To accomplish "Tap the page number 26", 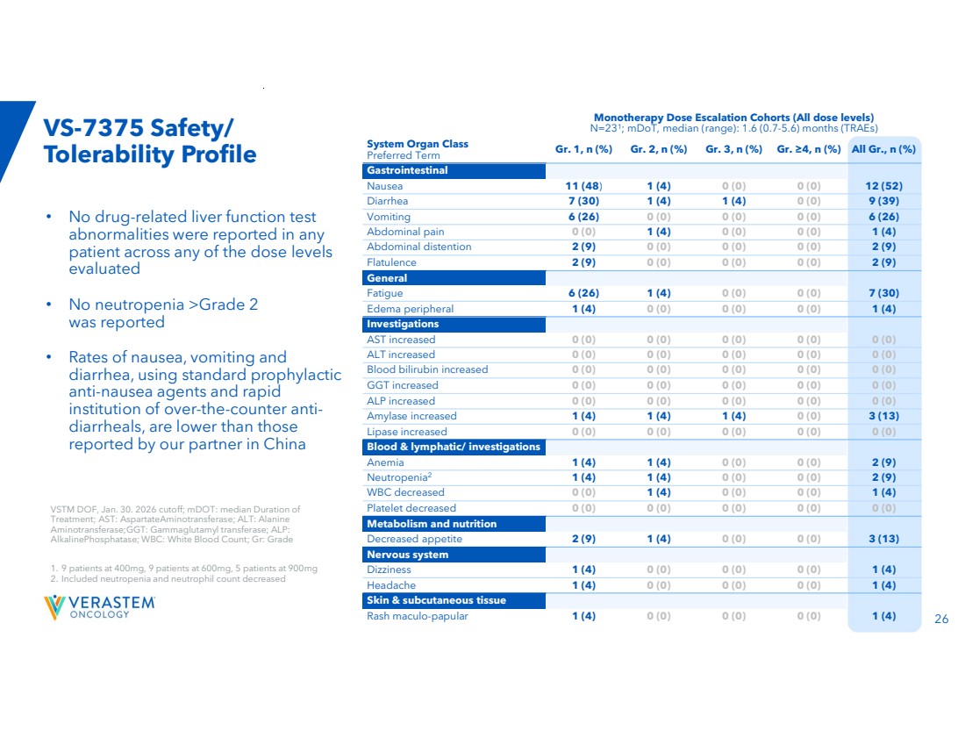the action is point(941,619).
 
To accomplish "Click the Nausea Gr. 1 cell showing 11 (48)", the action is point(583,186).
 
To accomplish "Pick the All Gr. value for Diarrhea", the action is point(883,201).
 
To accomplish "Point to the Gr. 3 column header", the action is point(733,149).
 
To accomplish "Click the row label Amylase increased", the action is point(411,416).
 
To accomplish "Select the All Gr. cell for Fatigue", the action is point(883,293).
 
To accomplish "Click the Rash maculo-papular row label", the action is point(418,616).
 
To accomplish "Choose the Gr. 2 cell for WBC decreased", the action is point(659,492).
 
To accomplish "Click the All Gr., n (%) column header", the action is point(883,149).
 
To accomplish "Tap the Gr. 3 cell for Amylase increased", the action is point(733,416).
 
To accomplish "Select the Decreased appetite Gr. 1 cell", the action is point(583,539).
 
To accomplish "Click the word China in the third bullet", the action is point(284,444).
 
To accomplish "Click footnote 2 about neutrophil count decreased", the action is point(168,579).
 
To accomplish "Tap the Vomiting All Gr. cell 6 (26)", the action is point(883,217).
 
